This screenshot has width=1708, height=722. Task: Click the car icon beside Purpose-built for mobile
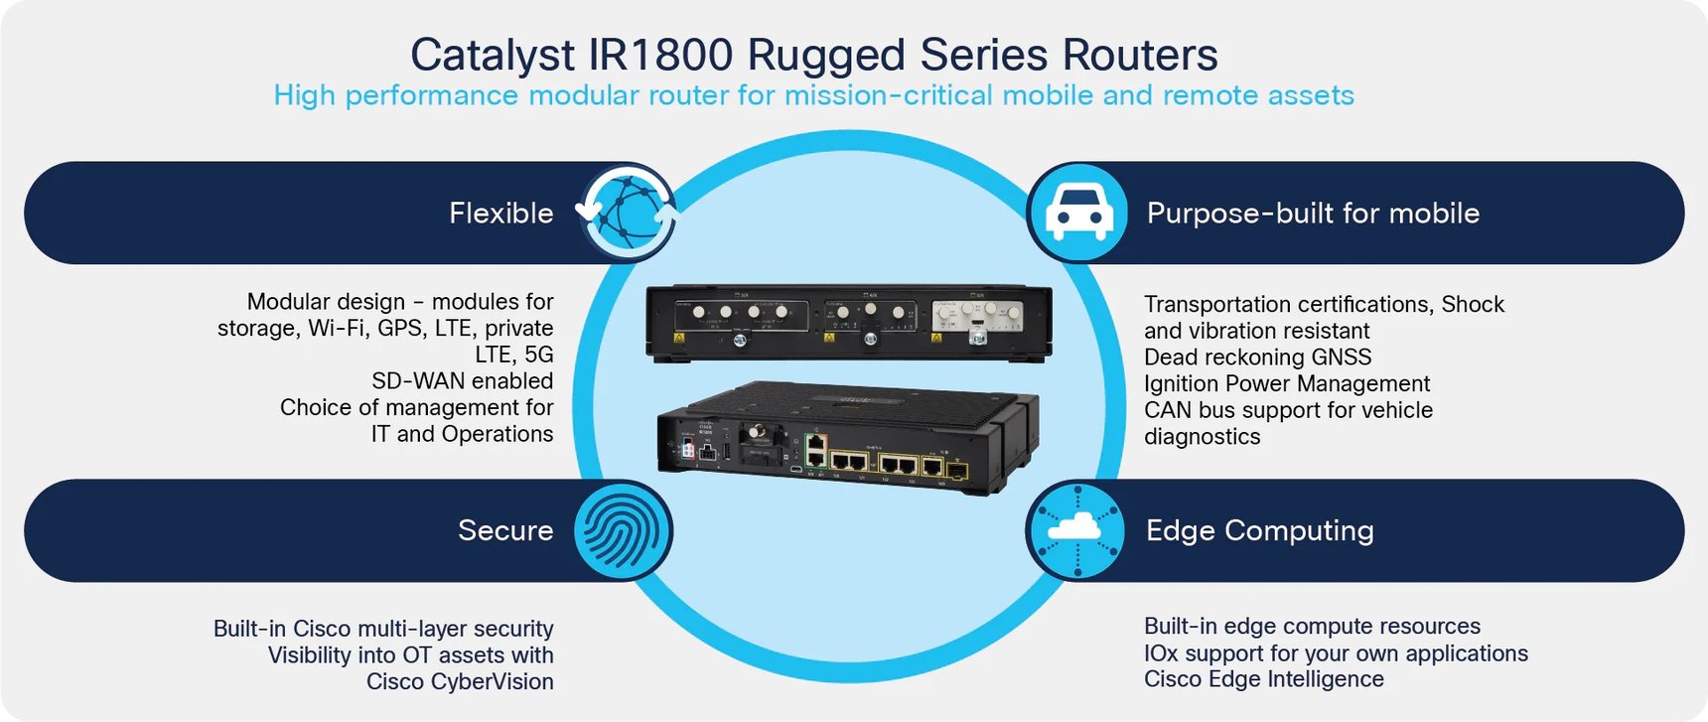pyautogui.click(x=1078, y=213)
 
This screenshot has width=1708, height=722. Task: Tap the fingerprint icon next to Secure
pyautogui.click(x=623, y=530)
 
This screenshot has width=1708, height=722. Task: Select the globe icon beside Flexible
pyautogui.click(x=628, y=213)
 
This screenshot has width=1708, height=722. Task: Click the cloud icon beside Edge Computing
pyautogui.click(x=1076, y=530)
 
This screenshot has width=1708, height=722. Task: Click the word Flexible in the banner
pyautogui.click(x=500, y=213)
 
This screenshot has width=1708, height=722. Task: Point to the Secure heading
pyautogui.click(x=505, y=530)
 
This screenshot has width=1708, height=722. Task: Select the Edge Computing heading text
pyautogui.click(x=1259, y=530)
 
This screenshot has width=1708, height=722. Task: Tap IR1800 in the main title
pyautogui.click(x=660, y=55)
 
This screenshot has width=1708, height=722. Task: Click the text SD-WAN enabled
pyautogui.click(x=462, y=381)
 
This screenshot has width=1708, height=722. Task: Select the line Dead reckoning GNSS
pyautogui.click(x=1257, y=358)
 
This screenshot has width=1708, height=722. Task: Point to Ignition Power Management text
pyautogui.click(x=1286, y=383)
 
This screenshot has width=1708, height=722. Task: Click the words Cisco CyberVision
pyautogui.click(x=460, y=682)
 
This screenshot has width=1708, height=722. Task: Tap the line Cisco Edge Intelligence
pyautogui.click(x=1263, y=679)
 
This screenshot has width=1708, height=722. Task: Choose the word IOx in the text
pyautogui.click(x=1160, y=653)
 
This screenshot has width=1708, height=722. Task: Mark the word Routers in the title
pyautogui.click(x=1140, y=55)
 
